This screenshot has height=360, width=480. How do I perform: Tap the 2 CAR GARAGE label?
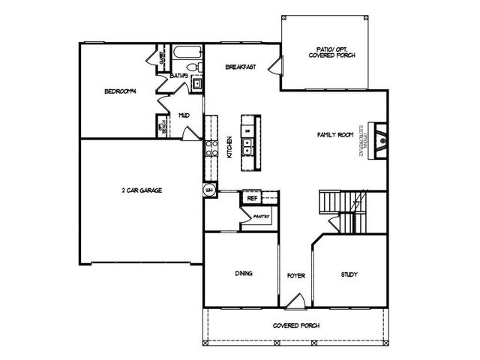[142, 190]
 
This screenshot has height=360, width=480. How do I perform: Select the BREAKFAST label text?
[241, 67]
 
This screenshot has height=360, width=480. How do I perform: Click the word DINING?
[244, 273]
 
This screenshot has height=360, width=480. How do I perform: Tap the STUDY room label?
[350, 274]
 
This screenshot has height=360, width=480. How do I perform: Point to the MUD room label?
[184, 115]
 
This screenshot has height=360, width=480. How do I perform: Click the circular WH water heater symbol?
[210, 190]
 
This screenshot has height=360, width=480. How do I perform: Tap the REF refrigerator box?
[252, 198]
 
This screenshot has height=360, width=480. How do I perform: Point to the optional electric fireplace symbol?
[380, 139]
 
